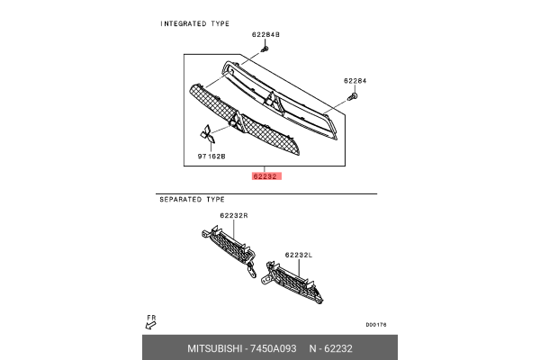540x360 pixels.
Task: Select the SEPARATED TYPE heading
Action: coord(192,199)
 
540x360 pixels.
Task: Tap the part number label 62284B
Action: coord(267,34)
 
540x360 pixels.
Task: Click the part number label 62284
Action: coord(355,80)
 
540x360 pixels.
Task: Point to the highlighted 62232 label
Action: coord(267,176)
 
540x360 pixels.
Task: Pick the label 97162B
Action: coord(211,156)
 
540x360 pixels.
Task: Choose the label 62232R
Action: coord(234,217)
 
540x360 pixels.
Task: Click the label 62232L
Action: coord(298,255)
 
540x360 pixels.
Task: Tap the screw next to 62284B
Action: coord(262,46)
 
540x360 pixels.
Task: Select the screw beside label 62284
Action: coord(356,94)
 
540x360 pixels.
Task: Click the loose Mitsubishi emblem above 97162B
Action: coord(208,134)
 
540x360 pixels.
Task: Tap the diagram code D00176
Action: coord(376,325)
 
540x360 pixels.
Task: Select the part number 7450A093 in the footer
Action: coord(273,348)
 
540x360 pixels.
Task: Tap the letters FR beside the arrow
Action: coord(152,317)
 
